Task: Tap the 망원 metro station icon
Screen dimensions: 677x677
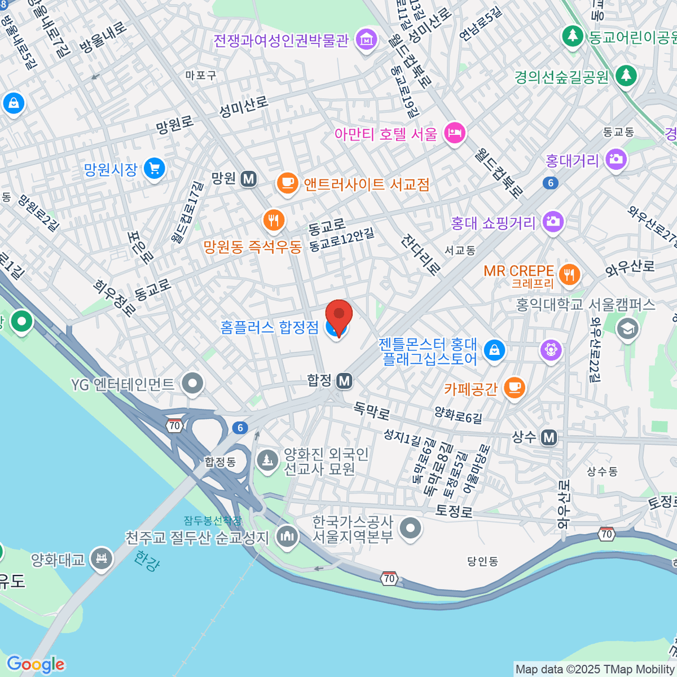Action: [248, 179]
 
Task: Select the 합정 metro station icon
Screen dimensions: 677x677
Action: [344, 381]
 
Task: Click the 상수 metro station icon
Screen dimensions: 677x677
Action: [548, 437]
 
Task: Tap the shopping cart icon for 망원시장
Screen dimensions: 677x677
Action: [154, 169]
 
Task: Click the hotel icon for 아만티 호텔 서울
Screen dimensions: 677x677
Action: [454, 134]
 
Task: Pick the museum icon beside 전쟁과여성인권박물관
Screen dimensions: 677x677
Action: [367, 40]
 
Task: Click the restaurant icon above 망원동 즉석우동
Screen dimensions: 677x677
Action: [274, 220]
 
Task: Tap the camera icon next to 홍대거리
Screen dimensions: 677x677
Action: [616, 160]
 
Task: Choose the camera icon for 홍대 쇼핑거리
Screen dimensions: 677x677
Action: [553, 222]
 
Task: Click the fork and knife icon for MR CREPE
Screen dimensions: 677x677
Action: [569, 275]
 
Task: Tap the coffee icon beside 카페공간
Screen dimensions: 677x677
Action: [513, 388]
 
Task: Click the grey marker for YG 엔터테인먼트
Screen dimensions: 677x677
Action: [193, 384]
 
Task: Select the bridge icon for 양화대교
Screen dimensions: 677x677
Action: [102, 559]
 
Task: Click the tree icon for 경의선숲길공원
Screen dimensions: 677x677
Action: [625, 76]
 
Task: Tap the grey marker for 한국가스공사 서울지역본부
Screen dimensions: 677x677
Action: [410, 529]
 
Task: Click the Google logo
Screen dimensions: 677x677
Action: [35, 665]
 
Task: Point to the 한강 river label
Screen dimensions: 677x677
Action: [147, 561]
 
